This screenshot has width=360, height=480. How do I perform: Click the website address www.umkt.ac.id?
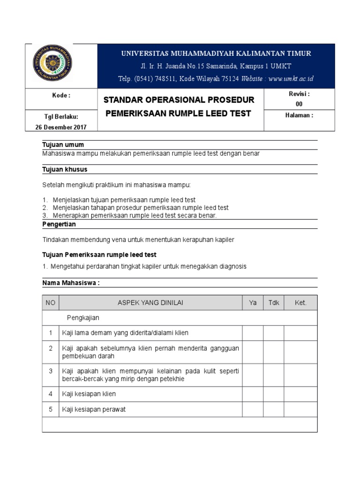(x=291, y=79)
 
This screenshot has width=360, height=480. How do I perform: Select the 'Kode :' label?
(x=61, y=96)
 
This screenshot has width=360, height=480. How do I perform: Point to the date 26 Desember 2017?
(x=61, y=127)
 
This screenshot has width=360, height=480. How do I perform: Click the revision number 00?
(x=299, y=104)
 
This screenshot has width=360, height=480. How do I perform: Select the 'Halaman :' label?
(x=299, y=115)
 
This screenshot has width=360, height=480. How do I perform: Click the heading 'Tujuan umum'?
(x=63, y=144)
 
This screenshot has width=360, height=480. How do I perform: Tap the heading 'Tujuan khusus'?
(x=65, y=169)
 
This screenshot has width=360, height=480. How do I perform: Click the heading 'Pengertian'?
(x=59, y=225)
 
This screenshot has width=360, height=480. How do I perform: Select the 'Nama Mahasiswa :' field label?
(x=71, y=283)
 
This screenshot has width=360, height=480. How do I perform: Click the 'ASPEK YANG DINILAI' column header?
(x=150, y=303)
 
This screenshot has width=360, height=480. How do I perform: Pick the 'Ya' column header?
(x=253, y=303)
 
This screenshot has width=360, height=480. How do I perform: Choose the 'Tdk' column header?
(x=273, y=303)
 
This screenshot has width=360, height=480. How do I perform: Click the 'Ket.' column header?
(x=300, y=303)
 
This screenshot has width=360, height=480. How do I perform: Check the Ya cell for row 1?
(x=253, y=333)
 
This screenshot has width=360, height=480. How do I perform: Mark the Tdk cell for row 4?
(x=273, y=394)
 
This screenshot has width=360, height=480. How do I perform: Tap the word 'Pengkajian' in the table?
(x=83, y=318)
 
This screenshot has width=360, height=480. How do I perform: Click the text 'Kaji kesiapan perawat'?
(x=94, y=409)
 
